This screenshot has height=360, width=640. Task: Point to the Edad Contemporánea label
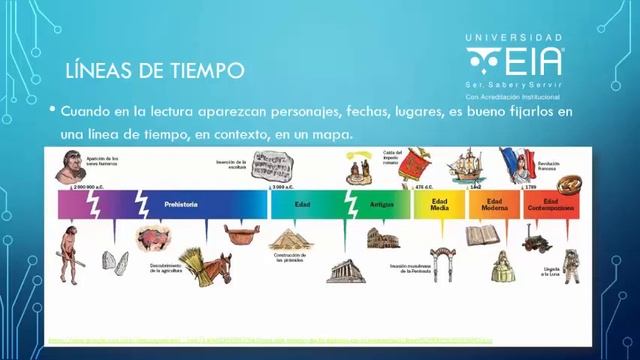click(x=551, y=204)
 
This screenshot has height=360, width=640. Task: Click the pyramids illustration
click(x=289, y=240)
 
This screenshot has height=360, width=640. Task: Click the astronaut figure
click(x=570, y=265)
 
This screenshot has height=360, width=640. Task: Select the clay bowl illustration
click(x=239, y=233)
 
